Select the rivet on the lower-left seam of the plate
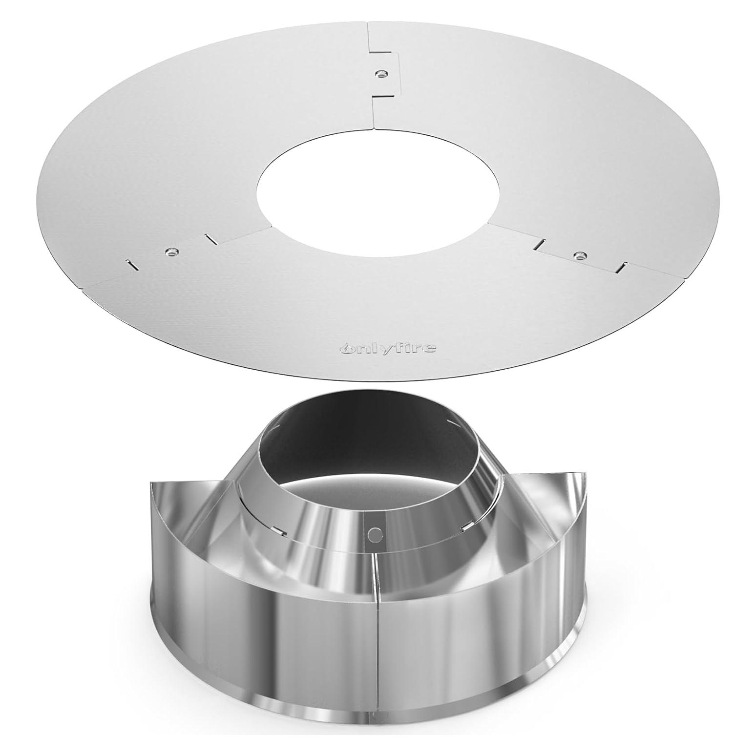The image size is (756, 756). (171, 252)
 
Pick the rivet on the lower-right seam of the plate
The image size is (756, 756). (580, 255)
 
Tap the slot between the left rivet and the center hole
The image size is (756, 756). (210, 239)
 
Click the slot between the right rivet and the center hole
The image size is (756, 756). (541, 242)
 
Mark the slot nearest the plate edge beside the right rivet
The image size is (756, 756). (622, 267)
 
